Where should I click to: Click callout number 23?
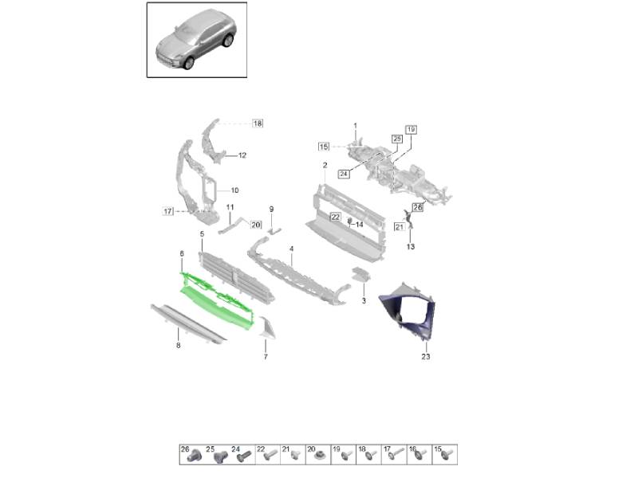tap(425, 357)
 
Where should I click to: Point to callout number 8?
tap(178, 346)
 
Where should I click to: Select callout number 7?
tap(266, 356)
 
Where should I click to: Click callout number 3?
tap(363, 301)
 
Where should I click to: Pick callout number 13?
tap(410, 247)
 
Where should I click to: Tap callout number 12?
tap(242, 155)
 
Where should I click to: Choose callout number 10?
tap(234, 190)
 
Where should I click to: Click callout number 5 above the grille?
tap(202, 233)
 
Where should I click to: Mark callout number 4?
tap(292, 249)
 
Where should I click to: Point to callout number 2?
tap(325, 165)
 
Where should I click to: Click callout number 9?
tap(271, 209)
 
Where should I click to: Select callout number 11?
tap(229, 208)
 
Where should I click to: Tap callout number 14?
tap(360, 225)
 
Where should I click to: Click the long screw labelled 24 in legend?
tap(239, 456)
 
